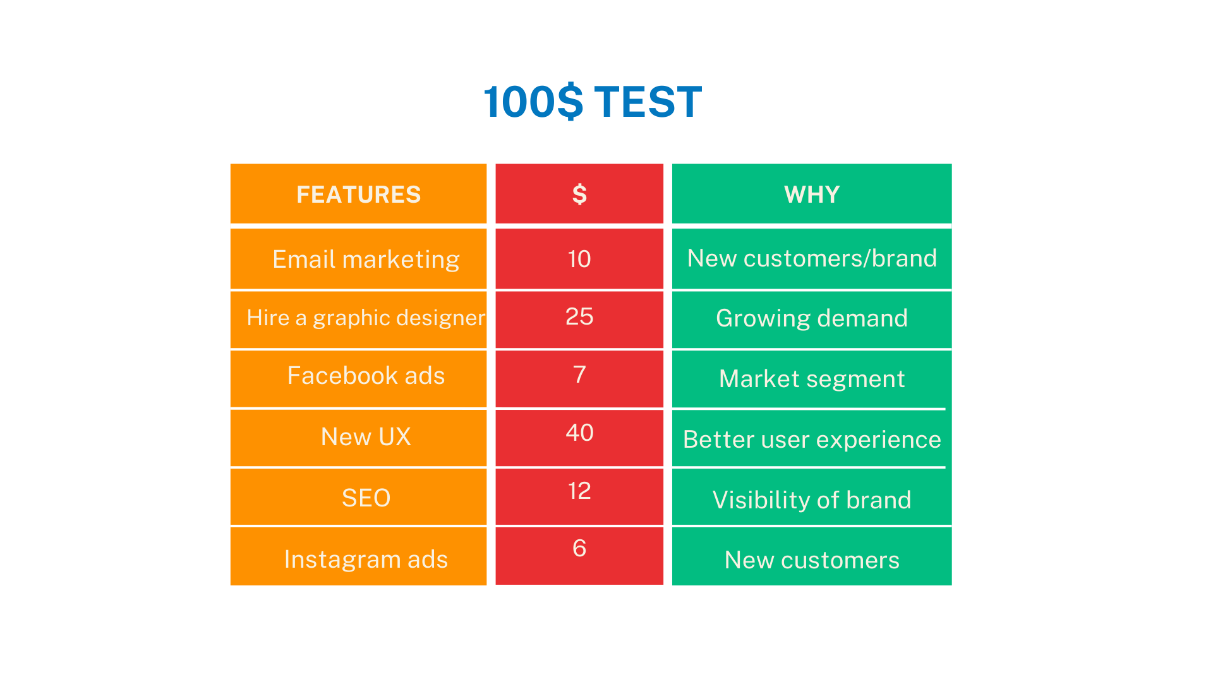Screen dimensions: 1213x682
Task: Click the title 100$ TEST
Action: click(593, 102)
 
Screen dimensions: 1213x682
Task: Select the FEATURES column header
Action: click(358, 194)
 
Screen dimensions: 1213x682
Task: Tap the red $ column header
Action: click(579, 194)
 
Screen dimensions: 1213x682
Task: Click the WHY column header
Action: click(812, 194)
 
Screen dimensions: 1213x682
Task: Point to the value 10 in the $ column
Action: click(579, 259)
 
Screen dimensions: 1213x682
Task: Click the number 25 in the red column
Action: click(579, 316)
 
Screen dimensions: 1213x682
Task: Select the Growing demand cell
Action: click(812, 318)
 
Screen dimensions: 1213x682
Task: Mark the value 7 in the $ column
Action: click(579, 374)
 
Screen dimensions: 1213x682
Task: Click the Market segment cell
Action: click(812, 379)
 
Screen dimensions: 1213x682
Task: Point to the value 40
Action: click(579, 433)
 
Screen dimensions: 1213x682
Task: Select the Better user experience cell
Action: click(812, 440)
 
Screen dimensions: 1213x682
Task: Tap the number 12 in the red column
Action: click(579, 491)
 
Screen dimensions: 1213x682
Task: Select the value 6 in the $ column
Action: click(579, 548)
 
